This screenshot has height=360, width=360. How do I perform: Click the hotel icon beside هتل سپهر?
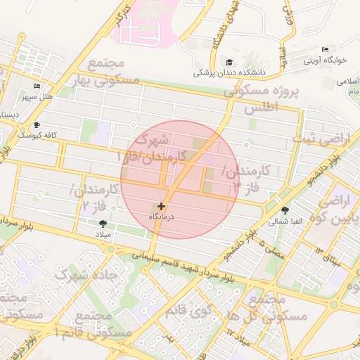click(x=37, y=86)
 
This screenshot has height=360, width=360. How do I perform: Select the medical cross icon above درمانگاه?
click(x=162, y=206)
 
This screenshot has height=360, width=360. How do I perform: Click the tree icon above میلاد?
click(x=104, y=222)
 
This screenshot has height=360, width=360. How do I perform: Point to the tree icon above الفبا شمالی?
click(x=285, y=210)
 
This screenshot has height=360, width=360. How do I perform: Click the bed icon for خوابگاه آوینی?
click(x=324, y=49)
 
